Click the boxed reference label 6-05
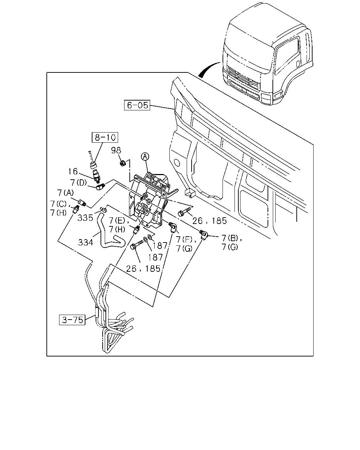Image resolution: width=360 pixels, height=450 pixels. (137, 105)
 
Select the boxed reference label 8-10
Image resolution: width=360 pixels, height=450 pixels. (105, 137)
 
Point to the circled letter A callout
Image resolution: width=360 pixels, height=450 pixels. (145, 157)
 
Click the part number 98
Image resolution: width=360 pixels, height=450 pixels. (116, 150)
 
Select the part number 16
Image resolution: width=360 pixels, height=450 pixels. (73, 172)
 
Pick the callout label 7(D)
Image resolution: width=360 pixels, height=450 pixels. (78, 182)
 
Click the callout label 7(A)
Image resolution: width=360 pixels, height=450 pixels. (65, 193)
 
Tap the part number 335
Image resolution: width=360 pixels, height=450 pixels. (85, 218)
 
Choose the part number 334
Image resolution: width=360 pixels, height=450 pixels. (85, 242)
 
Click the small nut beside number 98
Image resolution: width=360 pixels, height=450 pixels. (123, 163)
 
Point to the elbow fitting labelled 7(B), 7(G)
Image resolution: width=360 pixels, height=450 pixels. (203, 234)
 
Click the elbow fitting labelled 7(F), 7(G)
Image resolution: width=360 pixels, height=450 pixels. (173, 227)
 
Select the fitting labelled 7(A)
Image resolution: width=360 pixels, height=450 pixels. (82, 202)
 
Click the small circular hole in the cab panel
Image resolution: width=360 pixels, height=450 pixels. (177, 162)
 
